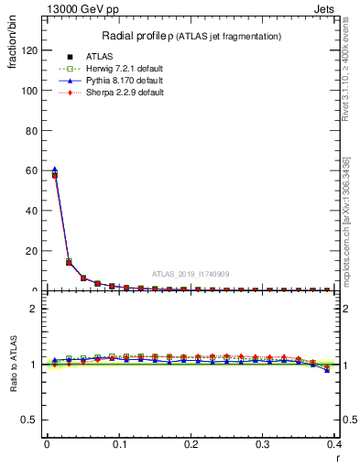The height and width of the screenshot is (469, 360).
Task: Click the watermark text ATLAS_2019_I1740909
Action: point(191,274)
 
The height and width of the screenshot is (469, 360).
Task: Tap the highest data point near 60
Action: point(54,170)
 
